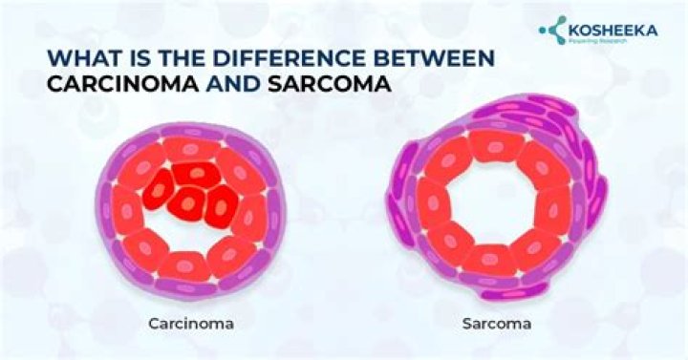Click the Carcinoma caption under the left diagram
coord(191,324)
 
